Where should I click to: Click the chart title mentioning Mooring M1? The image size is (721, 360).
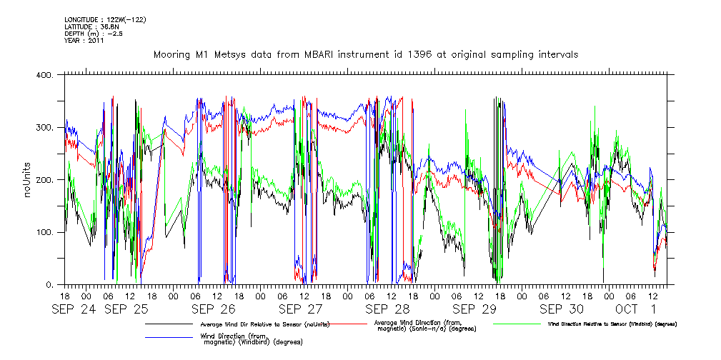pyautogui.click(x=365, y=54)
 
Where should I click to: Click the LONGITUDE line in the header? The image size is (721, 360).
pyautogui.click(x=105, y=19)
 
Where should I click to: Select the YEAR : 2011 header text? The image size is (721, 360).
pyautogui.click(x=84, y=41)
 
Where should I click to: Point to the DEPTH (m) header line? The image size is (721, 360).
pyautogui.click(x=94, y=34)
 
